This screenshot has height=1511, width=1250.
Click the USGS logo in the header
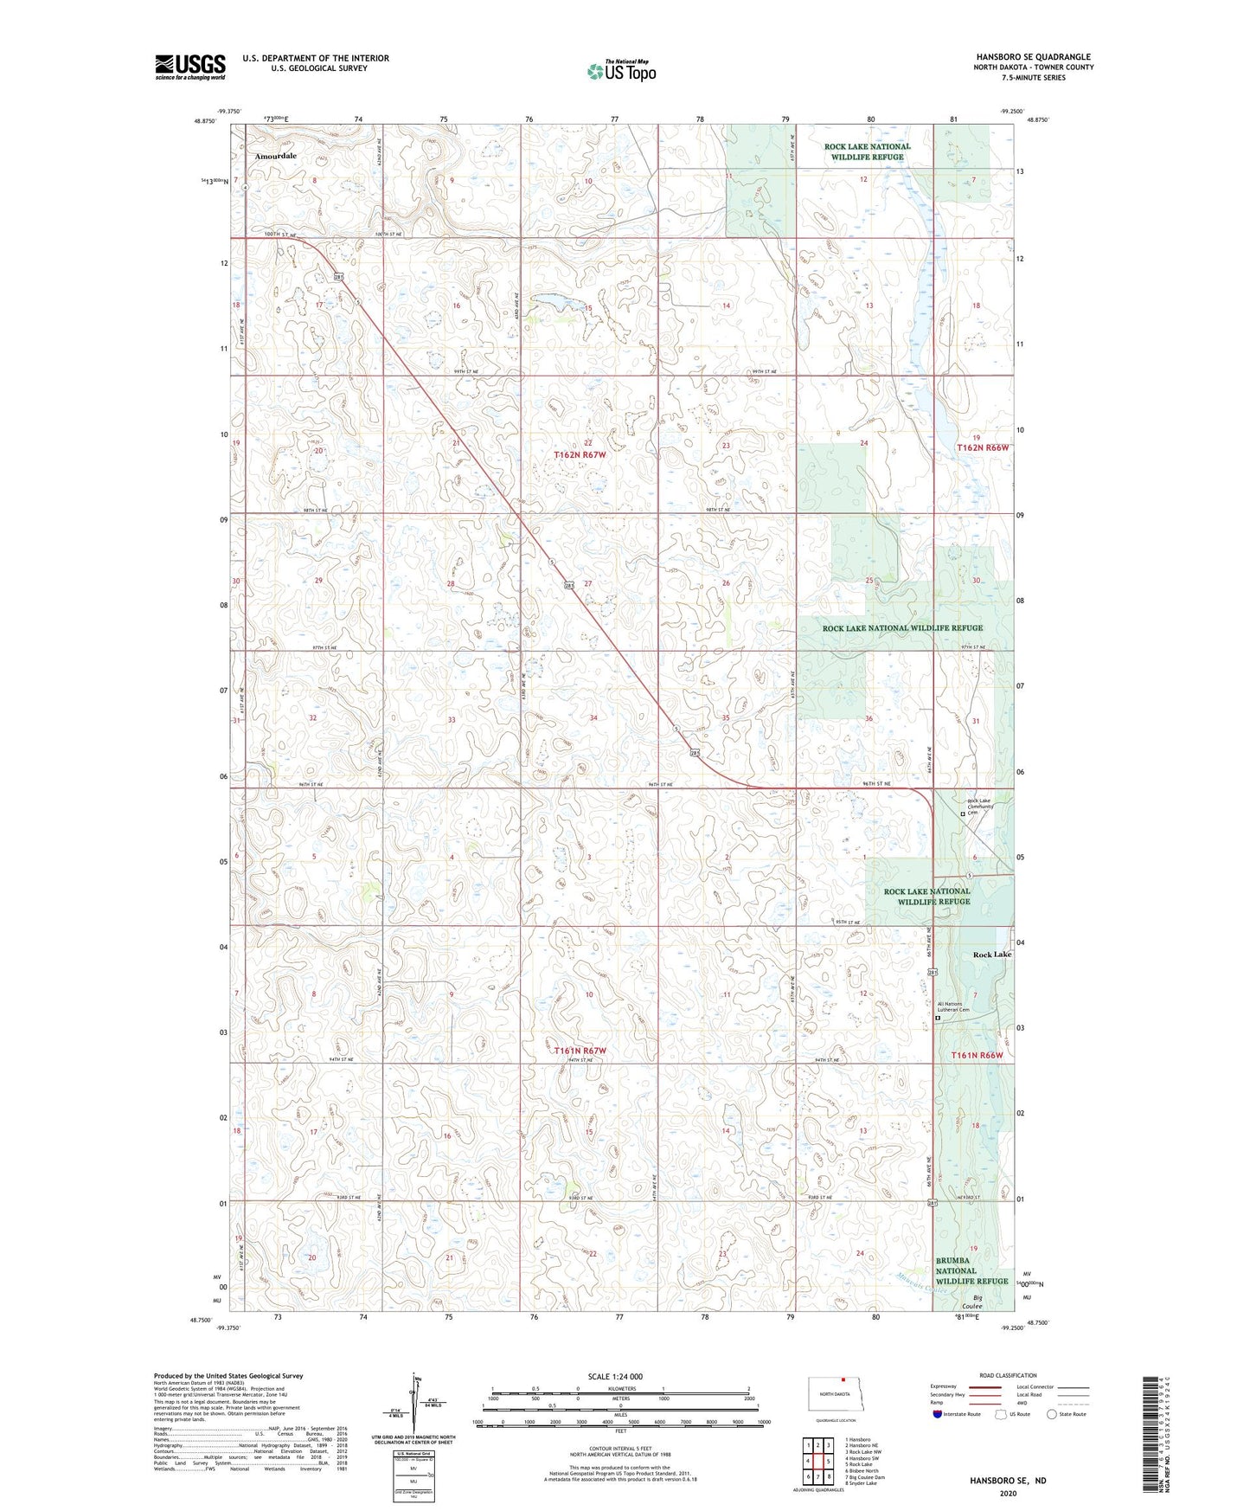click(190, 67)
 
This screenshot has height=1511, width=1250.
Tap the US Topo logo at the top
click(621, 71)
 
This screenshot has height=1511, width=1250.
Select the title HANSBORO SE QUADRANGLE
click(1033, 56)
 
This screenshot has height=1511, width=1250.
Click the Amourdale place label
click(275, 156)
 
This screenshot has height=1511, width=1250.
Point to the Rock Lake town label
click(991, 955)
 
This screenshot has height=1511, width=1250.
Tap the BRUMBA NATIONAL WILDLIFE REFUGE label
click(971, 1270)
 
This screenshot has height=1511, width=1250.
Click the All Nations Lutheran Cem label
click(955, 1007)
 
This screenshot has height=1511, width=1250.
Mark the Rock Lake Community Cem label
click(984, 807)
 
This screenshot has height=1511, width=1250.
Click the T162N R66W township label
click(983, 447)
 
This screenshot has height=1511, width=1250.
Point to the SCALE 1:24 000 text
click(615, 1376)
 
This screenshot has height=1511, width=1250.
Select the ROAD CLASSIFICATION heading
click(1008, 1375)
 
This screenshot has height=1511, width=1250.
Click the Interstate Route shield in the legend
click(939, 1414)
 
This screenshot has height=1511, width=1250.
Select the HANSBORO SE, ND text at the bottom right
click(1008, 1481)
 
